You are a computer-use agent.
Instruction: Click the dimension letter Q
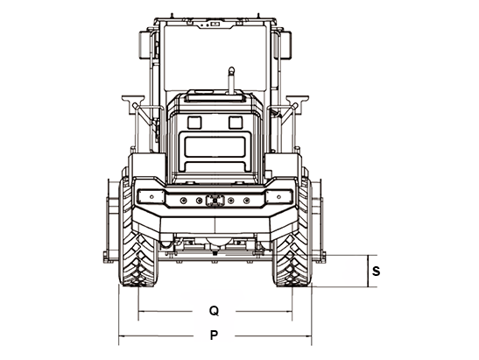(x=215, y=311)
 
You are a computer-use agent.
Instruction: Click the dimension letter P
(x=214, y=335)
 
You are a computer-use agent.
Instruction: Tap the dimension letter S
(x=376, y=271)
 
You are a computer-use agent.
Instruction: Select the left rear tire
(x=138, y=232)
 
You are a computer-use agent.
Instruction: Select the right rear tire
(x=292, y=232)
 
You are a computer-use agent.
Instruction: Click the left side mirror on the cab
(x=144, y=46)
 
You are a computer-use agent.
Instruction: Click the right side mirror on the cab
(x=286, y=46)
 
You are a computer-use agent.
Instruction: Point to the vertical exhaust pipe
(x=231, y=80)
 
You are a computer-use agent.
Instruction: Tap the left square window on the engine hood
(x=194, y=123)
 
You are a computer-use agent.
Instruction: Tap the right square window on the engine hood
(x=236, y=123)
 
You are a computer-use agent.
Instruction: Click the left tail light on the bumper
(x=151, y=196)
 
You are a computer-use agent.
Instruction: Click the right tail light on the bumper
(x=279, y=196)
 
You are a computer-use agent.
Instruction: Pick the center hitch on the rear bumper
(x=215, y=201)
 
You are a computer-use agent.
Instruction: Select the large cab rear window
(x=215, y=58)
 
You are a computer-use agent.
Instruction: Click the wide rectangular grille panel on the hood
(x=215, y=147)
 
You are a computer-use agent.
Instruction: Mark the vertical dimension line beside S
(x=368, y=271)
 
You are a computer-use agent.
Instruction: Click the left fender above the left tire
(x=147, y=165)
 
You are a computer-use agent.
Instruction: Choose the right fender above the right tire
(x=283, y=165)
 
